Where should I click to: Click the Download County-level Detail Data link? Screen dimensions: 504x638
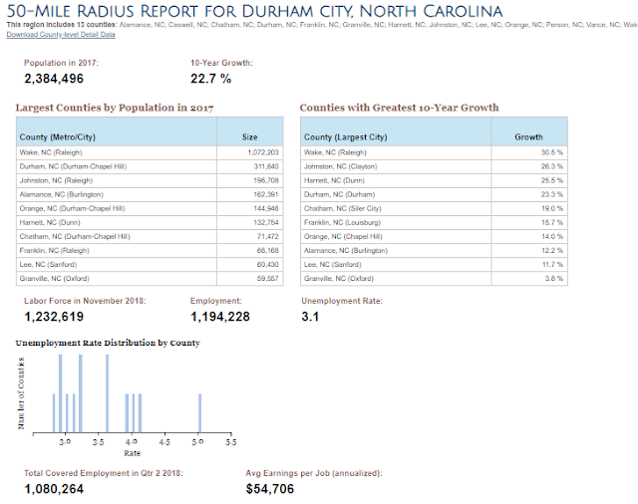(60, 34)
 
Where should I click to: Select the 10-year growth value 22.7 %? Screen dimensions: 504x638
(211, 79)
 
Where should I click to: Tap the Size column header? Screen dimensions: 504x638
(249, 137)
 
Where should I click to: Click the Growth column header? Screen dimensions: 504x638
(528, 137)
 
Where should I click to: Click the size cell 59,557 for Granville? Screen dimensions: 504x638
(264, 278)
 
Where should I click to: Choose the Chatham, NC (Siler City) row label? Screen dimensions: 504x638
(343, 208)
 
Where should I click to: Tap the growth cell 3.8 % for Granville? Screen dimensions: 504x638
(553, 278)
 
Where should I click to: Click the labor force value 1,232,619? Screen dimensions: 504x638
(68, 317)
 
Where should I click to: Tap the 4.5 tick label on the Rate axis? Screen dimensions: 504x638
(164, 439)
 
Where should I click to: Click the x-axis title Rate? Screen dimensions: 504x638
(132, 452)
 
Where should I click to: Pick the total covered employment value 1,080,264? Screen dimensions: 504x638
(68, 489)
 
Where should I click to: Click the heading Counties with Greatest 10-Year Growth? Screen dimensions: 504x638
(400, 108)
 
